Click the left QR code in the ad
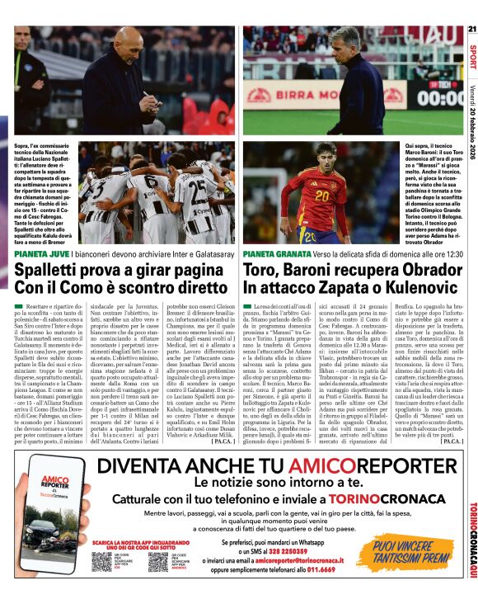pos(101,561)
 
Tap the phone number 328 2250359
pos(299,550)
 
